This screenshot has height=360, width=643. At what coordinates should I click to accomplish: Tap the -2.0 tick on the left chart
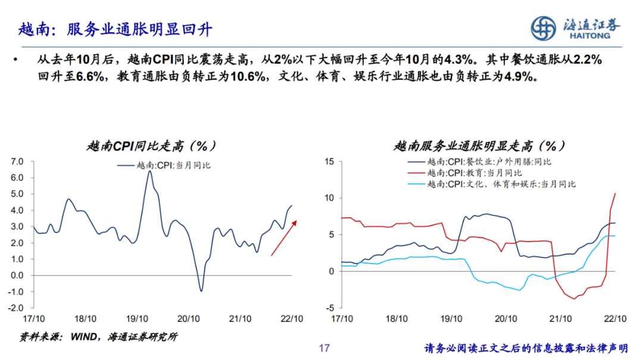coord(15,308)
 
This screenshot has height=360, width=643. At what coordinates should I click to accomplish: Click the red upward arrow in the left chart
coord(283,237)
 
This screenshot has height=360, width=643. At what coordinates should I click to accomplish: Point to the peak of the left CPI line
coord(149,172)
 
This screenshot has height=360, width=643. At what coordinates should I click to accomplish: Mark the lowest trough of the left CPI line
coord(201,290)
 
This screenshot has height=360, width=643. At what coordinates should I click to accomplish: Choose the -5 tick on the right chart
coord(329,308)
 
